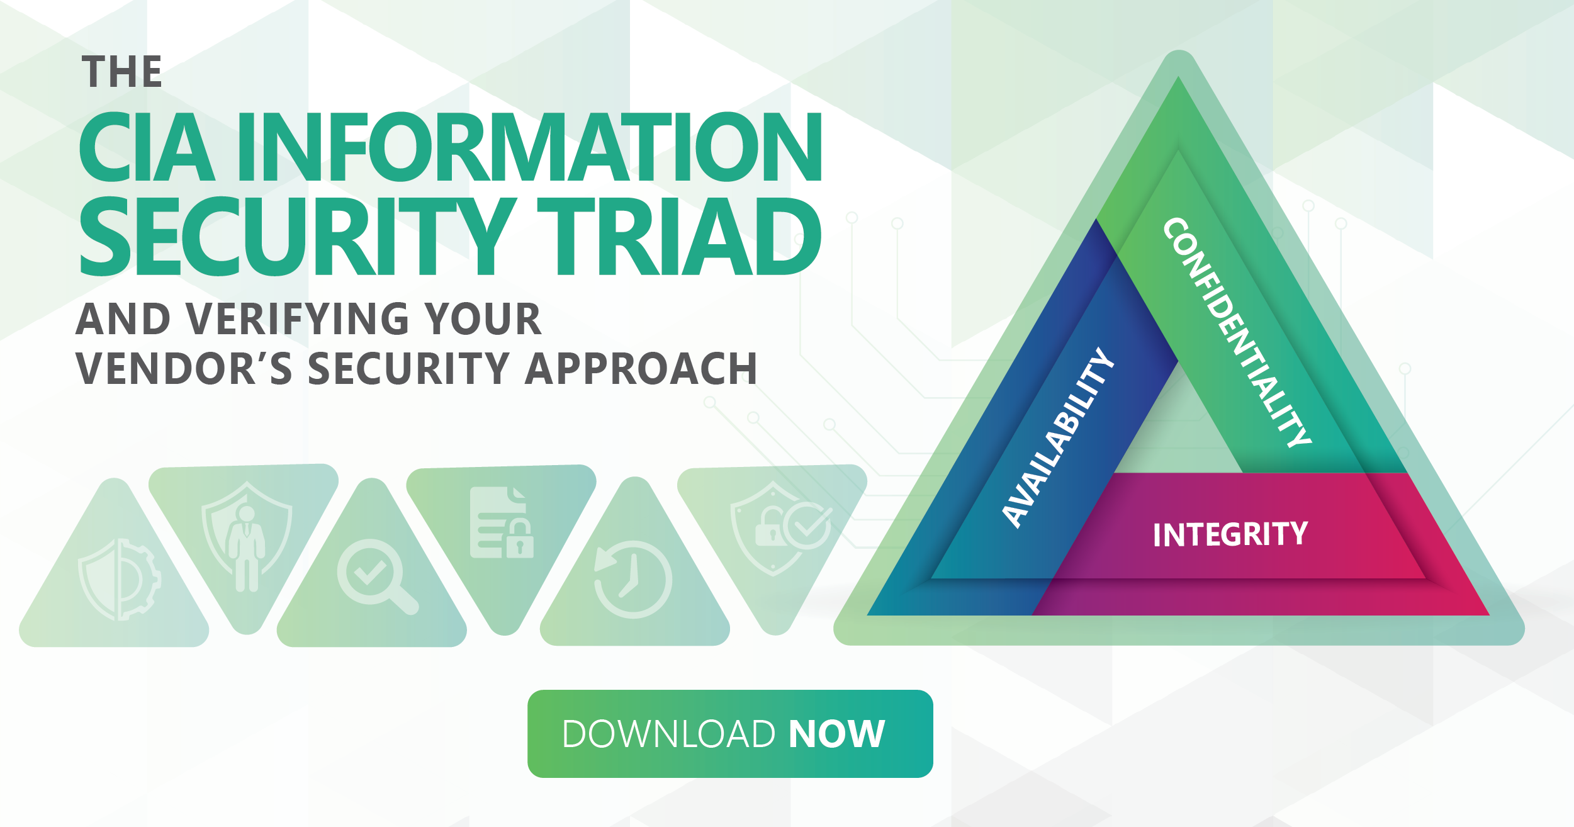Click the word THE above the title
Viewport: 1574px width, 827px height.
(122, 72)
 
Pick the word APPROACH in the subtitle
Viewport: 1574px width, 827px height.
(641, 368)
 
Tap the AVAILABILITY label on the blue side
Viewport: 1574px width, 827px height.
(1058, 437)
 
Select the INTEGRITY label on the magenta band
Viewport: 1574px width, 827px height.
(1230, 534)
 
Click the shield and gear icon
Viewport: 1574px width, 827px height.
(120, 580)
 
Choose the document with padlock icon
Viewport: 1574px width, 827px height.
(502, 522)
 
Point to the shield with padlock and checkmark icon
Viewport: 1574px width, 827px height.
(781, 529)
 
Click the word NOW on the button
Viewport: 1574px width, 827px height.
(837, 734)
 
